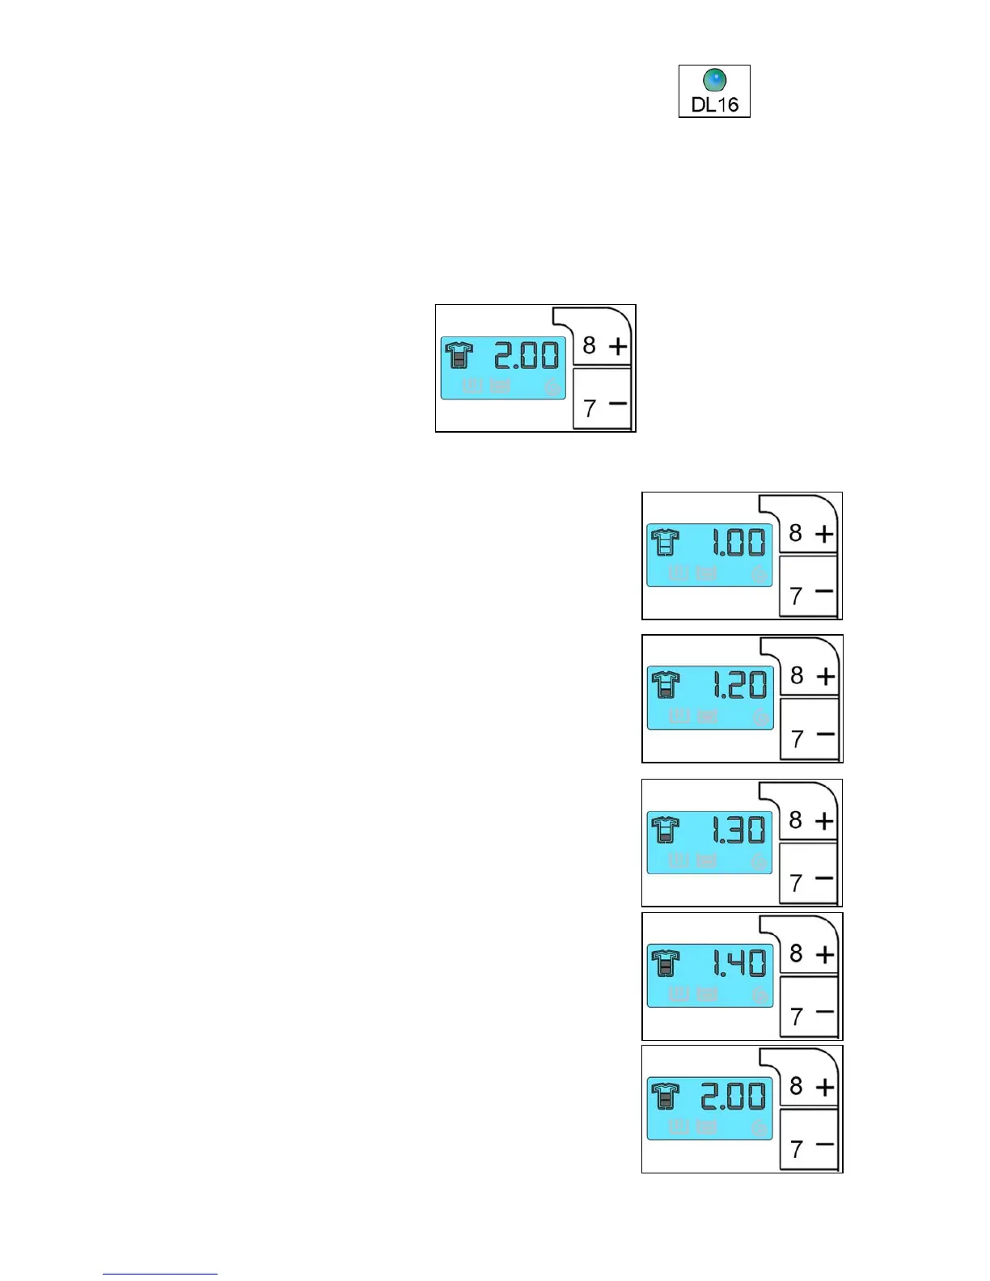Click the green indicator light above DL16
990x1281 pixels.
(715, 80)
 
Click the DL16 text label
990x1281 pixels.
(715, 104)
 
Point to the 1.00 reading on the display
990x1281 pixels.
(738, 543)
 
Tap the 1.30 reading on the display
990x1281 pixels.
(738, 830)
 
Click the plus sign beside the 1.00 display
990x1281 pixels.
(824, 534)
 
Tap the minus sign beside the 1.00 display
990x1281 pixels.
(824, 591)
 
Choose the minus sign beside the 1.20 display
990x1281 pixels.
(825, 734)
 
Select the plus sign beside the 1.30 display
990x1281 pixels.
(824, 821)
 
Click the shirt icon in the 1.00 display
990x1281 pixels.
(666, 542)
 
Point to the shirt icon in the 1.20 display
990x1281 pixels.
(666, 686)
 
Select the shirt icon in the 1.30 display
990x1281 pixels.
(666, 830)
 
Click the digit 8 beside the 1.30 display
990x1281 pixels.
(796, 820)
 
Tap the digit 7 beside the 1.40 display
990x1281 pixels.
(797, 1016)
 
